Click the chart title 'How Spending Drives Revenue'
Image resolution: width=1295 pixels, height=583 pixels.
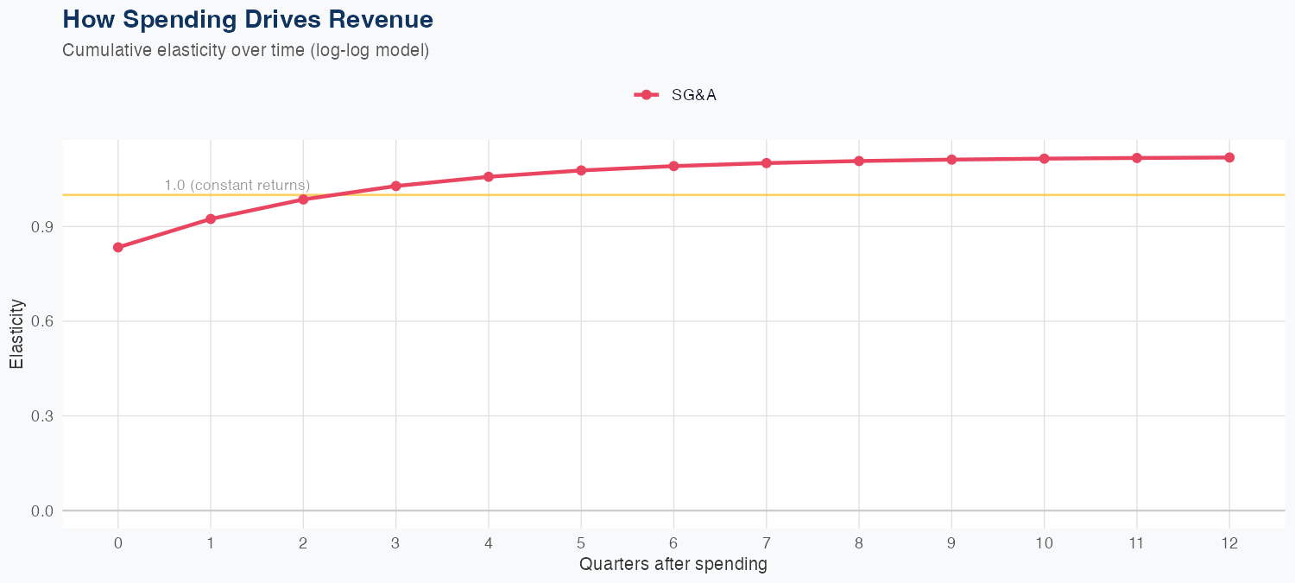248,19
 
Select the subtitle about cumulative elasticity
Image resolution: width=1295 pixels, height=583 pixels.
245,50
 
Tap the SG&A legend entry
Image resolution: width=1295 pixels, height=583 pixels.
676,95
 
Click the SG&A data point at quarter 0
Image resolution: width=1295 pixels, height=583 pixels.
118,247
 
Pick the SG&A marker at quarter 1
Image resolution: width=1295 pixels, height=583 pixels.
211,219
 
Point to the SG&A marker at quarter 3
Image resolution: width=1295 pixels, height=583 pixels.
396,186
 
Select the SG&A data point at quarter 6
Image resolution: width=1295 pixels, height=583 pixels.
673,166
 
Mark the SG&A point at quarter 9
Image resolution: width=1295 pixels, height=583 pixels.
951,160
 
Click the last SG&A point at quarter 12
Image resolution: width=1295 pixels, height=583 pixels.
1229,157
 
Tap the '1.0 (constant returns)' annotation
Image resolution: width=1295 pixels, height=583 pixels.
237,185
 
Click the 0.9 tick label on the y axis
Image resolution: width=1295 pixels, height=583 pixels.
41,227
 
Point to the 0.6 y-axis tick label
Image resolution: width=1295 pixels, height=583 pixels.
41,321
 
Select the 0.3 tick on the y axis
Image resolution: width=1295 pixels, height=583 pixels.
41,416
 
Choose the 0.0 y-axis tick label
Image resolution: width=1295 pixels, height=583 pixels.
41,511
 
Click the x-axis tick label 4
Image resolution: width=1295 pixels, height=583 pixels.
489,543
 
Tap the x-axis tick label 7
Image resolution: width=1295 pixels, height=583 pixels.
767,543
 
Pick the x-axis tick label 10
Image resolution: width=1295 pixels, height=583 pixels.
1045,543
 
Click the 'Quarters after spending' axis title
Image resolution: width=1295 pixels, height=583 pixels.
673,565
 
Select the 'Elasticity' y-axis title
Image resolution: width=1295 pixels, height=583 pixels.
16,333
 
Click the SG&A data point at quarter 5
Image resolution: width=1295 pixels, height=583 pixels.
581,170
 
